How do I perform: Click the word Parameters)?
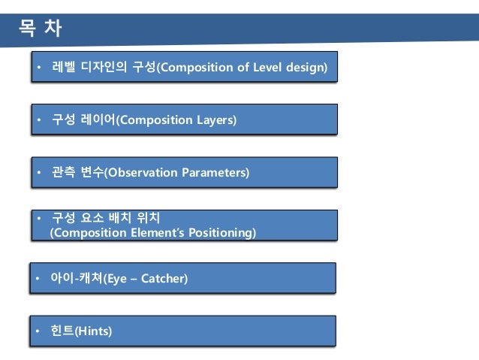215,173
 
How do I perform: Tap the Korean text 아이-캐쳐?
77,280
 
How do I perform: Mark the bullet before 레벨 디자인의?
39,69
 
